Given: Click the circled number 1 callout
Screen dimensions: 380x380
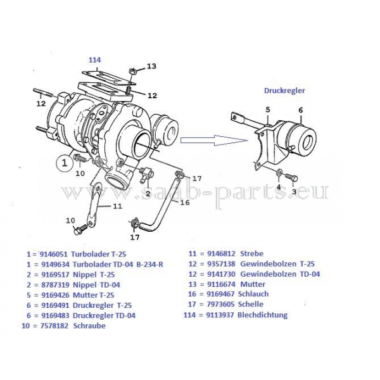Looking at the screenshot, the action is [x=65, y=163].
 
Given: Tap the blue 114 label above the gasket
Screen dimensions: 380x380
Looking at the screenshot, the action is [x=95, y=60].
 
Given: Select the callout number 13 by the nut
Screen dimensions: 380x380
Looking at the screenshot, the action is [x=151, y=66].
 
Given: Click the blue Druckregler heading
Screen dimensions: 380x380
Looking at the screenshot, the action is [x=284, y=91].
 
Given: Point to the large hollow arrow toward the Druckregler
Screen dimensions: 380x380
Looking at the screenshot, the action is [x=215, y=141].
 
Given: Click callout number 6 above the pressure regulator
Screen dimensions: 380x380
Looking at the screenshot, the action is [x=300, y=110].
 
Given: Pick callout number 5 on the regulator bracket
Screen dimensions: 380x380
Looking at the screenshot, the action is [x=267, y=110].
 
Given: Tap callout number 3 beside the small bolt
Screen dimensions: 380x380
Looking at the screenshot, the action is [x=294, y=192].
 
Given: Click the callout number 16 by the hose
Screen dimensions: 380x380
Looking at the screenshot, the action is [x=185, y=203].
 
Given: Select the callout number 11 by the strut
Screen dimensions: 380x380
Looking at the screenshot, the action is [x=117, y=206].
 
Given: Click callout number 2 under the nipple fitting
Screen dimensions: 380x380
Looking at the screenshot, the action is [x=148, y=193].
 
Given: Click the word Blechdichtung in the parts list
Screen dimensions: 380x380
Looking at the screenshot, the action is [x=262, y=315].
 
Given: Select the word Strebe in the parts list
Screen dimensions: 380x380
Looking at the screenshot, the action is [x=251, y=253].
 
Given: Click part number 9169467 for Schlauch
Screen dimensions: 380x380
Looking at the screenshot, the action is [x=220, y=294].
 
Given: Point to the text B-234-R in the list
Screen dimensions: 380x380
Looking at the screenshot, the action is [x=149, y=264].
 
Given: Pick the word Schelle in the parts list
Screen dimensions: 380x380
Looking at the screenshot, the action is [x=251, y=304].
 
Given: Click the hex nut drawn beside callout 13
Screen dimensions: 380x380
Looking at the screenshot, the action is [x=132, y=71].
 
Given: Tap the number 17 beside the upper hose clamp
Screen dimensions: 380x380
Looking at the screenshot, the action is [x=197, y=179].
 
